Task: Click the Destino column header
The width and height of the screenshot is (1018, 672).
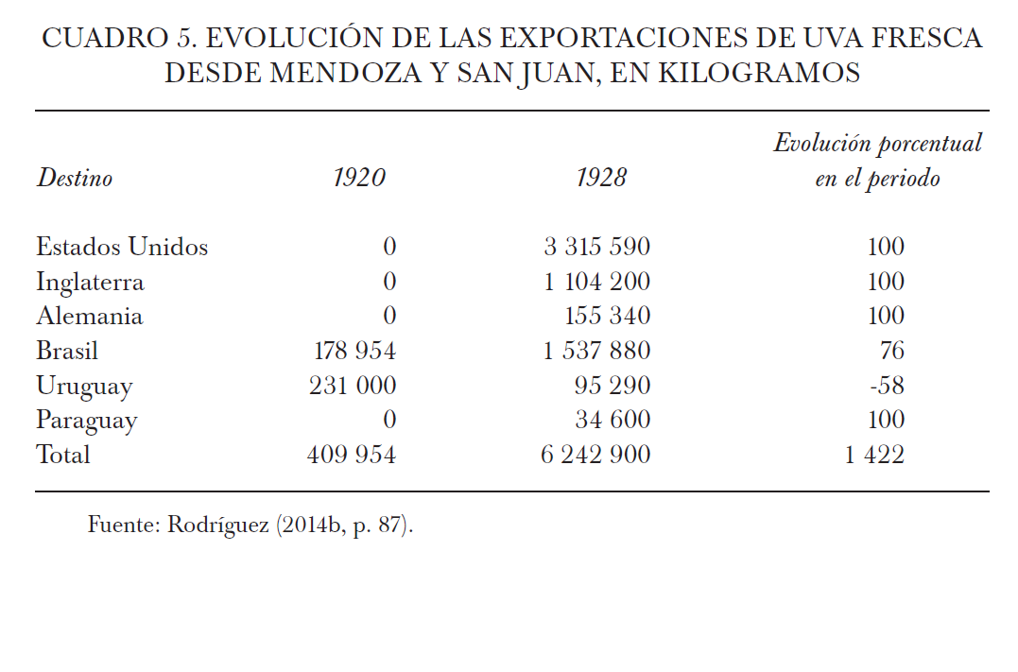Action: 74,178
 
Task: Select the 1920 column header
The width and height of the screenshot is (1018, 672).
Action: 359,178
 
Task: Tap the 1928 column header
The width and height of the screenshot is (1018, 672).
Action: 600,178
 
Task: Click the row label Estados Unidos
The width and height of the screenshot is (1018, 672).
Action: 122,248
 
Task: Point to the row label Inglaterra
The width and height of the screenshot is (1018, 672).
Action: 90,282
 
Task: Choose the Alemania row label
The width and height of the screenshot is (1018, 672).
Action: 89,317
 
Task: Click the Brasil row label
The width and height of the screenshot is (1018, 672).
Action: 67,352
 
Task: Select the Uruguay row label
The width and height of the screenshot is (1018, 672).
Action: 84,387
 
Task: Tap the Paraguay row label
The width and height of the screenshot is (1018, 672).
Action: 87,421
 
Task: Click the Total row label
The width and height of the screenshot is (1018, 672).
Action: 63,455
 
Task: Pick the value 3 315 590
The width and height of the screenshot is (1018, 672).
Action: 596,248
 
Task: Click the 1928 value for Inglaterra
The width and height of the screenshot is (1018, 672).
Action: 596,282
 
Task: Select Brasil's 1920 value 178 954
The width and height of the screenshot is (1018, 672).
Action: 354,352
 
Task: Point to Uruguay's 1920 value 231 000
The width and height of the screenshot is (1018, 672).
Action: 353,387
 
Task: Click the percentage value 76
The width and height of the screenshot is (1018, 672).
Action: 891,352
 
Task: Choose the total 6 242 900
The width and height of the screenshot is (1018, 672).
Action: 595,455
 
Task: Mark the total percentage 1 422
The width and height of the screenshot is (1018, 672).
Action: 874,455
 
